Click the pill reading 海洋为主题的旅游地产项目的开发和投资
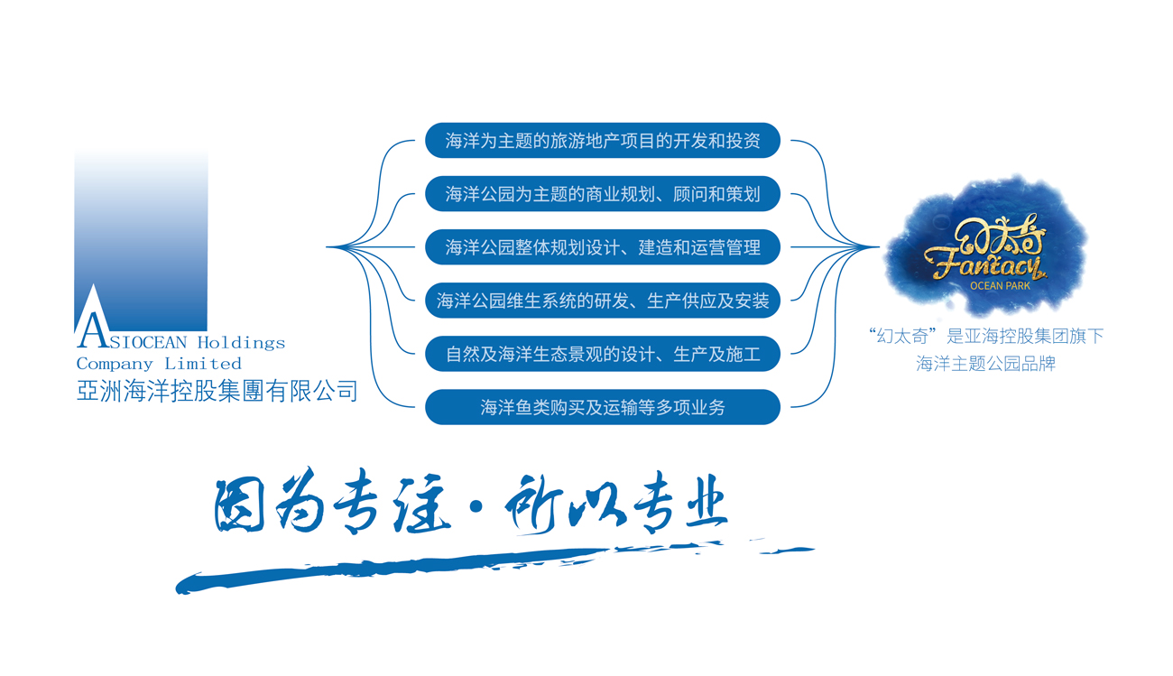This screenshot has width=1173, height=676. point(603,140)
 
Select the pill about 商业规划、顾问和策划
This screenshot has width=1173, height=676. point(603,194)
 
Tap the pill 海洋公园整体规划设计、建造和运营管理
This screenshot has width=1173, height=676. point(603,247)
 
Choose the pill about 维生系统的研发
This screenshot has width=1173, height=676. point(603,301)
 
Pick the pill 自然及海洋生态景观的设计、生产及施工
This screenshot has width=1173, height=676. point(603,354)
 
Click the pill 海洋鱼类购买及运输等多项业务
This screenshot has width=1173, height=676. point(603,407)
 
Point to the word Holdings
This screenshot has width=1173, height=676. point(242,343)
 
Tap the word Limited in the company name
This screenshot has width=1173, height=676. point(203,364)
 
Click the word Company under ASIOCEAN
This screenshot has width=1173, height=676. point(115,364)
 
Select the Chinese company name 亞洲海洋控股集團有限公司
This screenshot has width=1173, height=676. point(217,391)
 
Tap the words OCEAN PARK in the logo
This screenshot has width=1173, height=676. point(1000,286)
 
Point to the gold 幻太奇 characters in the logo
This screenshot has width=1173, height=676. point(999,235)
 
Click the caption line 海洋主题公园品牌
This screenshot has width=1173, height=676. point(985,364)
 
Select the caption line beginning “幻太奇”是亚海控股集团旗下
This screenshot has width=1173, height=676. point(985,336)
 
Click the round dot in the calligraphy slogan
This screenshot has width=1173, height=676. point(476,506)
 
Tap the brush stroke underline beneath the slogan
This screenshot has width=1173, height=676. point(494,567)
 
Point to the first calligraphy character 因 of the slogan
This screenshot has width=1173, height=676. point(239,506)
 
